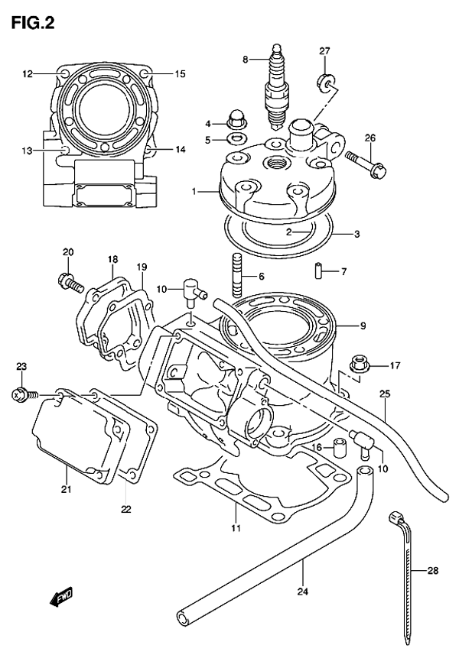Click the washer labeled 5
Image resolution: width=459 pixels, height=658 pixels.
pos(234,140)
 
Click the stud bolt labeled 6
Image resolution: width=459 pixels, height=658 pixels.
pos(236,275)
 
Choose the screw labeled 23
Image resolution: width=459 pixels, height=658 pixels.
pos(21,394)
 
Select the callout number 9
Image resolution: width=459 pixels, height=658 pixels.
pos(363,326)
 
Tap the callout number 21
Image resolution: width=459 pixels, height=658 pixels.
pos(67,490)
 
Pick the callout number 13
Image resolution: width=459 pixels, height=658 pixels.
pos(27,151)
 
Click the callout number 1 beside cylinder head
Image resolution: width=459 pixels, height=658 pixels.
pos(194,190)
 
